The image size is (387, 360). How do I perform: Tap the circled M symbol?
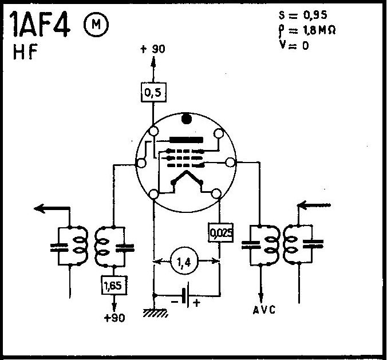(x=94, y=24)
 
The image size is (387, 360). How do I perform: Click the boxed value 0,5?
(x=152, y=90)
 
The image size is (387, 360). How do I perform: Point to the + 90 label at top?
(x=152, y=49)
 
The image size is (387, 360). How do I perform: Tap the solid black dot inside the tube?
(x=186, y=120)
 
